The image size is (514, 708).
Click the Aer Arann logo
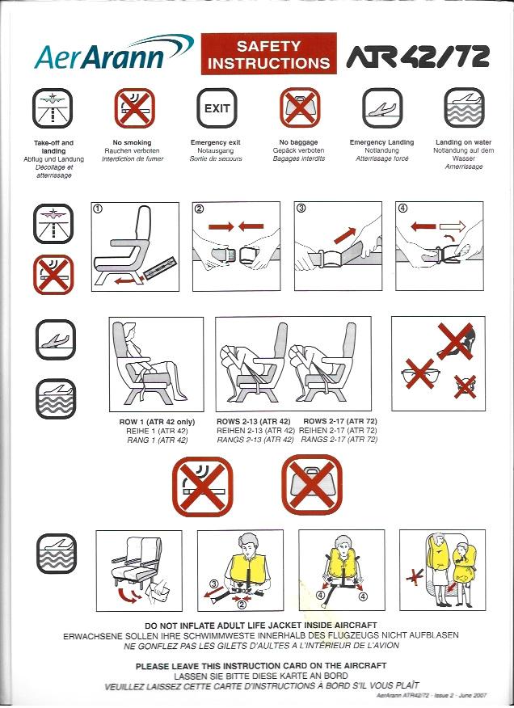tap(113, 53)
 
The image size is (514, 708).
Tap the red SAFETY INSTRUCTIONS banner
tap(269, 53)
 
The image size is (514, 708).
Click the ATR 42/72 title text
tap(419, 56)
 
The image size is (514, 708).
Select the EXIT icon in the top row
tap(217, 108)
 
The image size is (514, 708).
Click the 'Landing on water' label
tap(463, 142)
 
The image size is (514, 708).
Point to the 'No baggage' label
tap(298, 142)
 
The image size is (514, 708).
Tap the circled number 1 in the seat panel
tap(98, 209)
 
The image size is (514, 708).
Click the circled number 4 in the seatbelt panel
tap(402, 208)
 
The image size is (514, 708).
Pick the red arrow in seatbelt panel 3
tap(344, 235)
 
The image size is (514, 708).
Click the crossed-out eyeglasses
tap(420, 374)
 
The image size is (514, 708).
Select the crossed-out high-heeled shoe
tap(456, 342)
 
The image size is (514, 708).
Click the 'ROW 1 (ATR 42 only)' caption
tap(157, 422)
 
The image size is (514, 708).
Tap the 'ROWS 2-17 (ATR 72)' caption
tap(340, 421)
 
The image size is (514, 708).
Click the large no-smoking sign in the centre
tap(202, 487)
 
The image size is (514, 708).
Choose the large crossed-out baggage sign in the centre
tap(312, 484)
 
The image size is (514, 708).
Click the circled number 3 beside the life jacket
tap(213, 583)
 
